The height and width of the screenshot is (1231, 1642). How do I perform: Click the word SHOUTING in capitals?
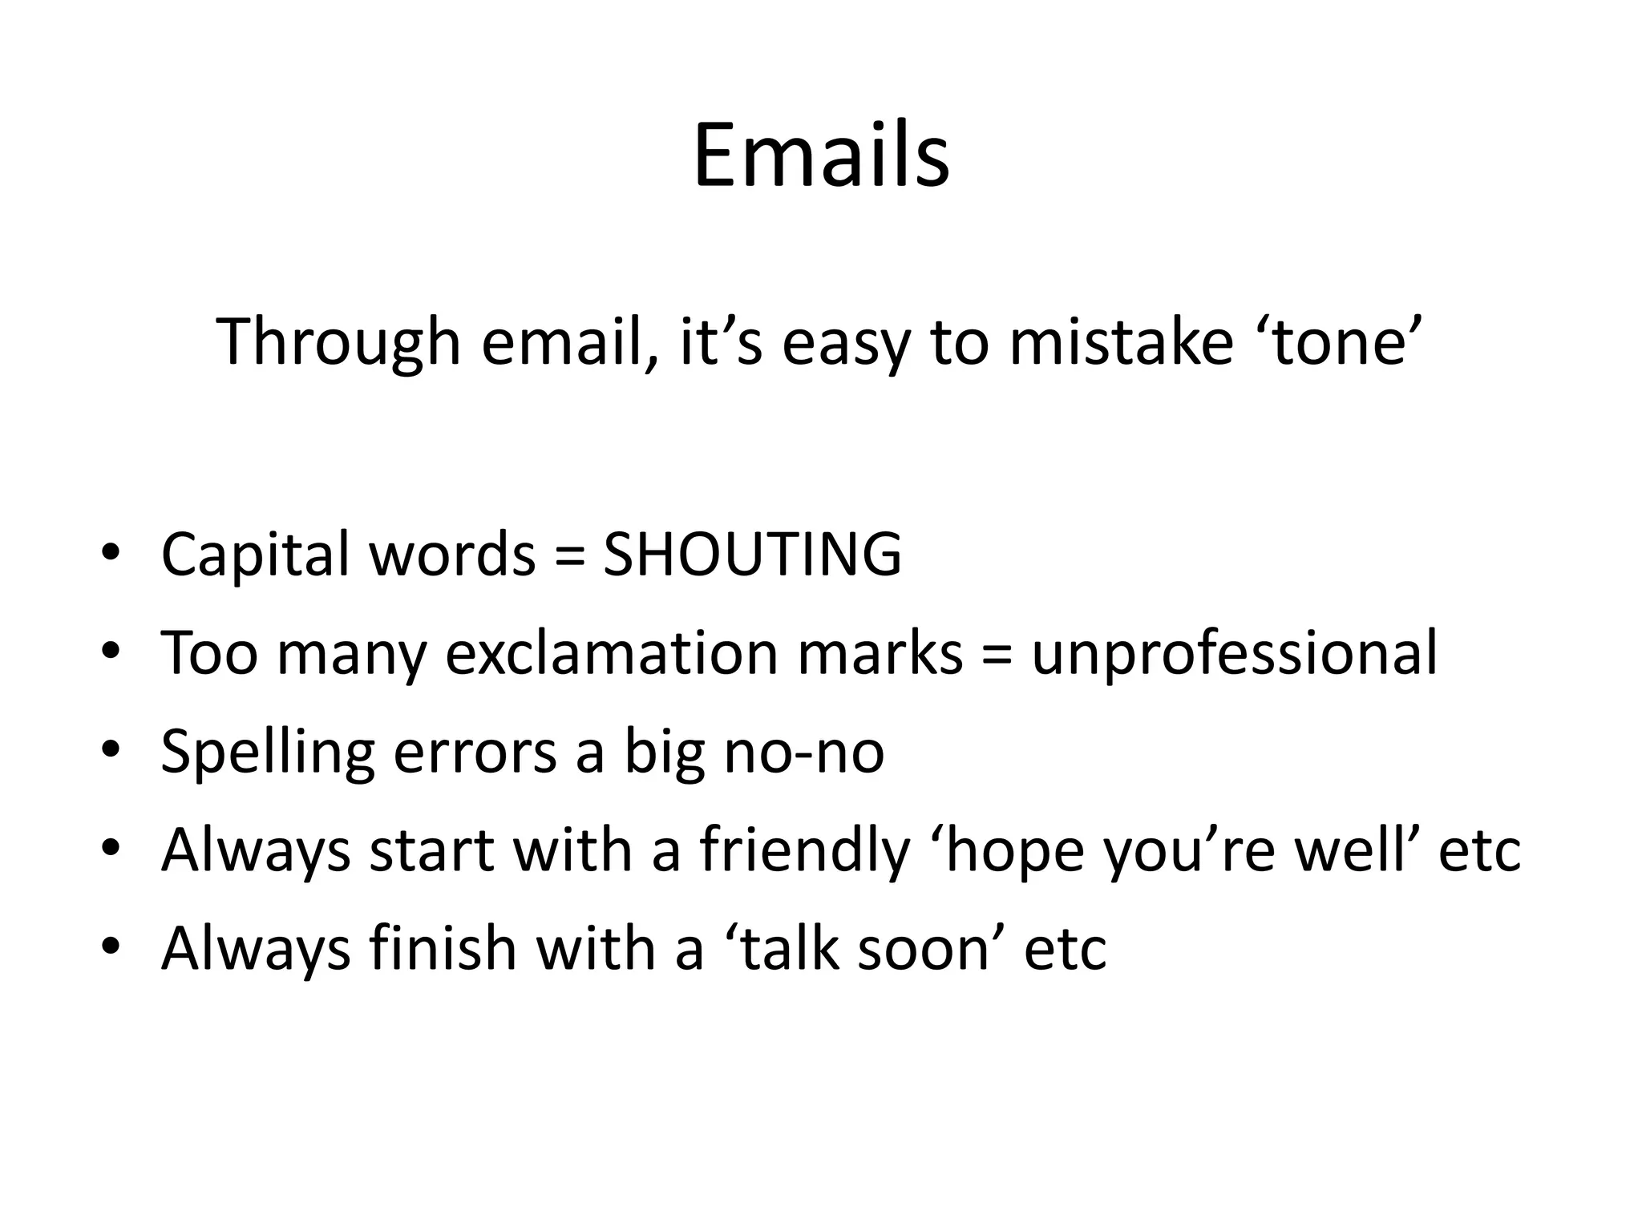click(x=752, y=554)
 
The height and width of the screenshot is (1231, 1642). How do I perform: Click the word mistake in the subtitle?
click(x=1120, y=343)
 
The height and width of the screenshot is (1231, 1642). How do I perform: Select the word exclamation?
click(x=612, y=652)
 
